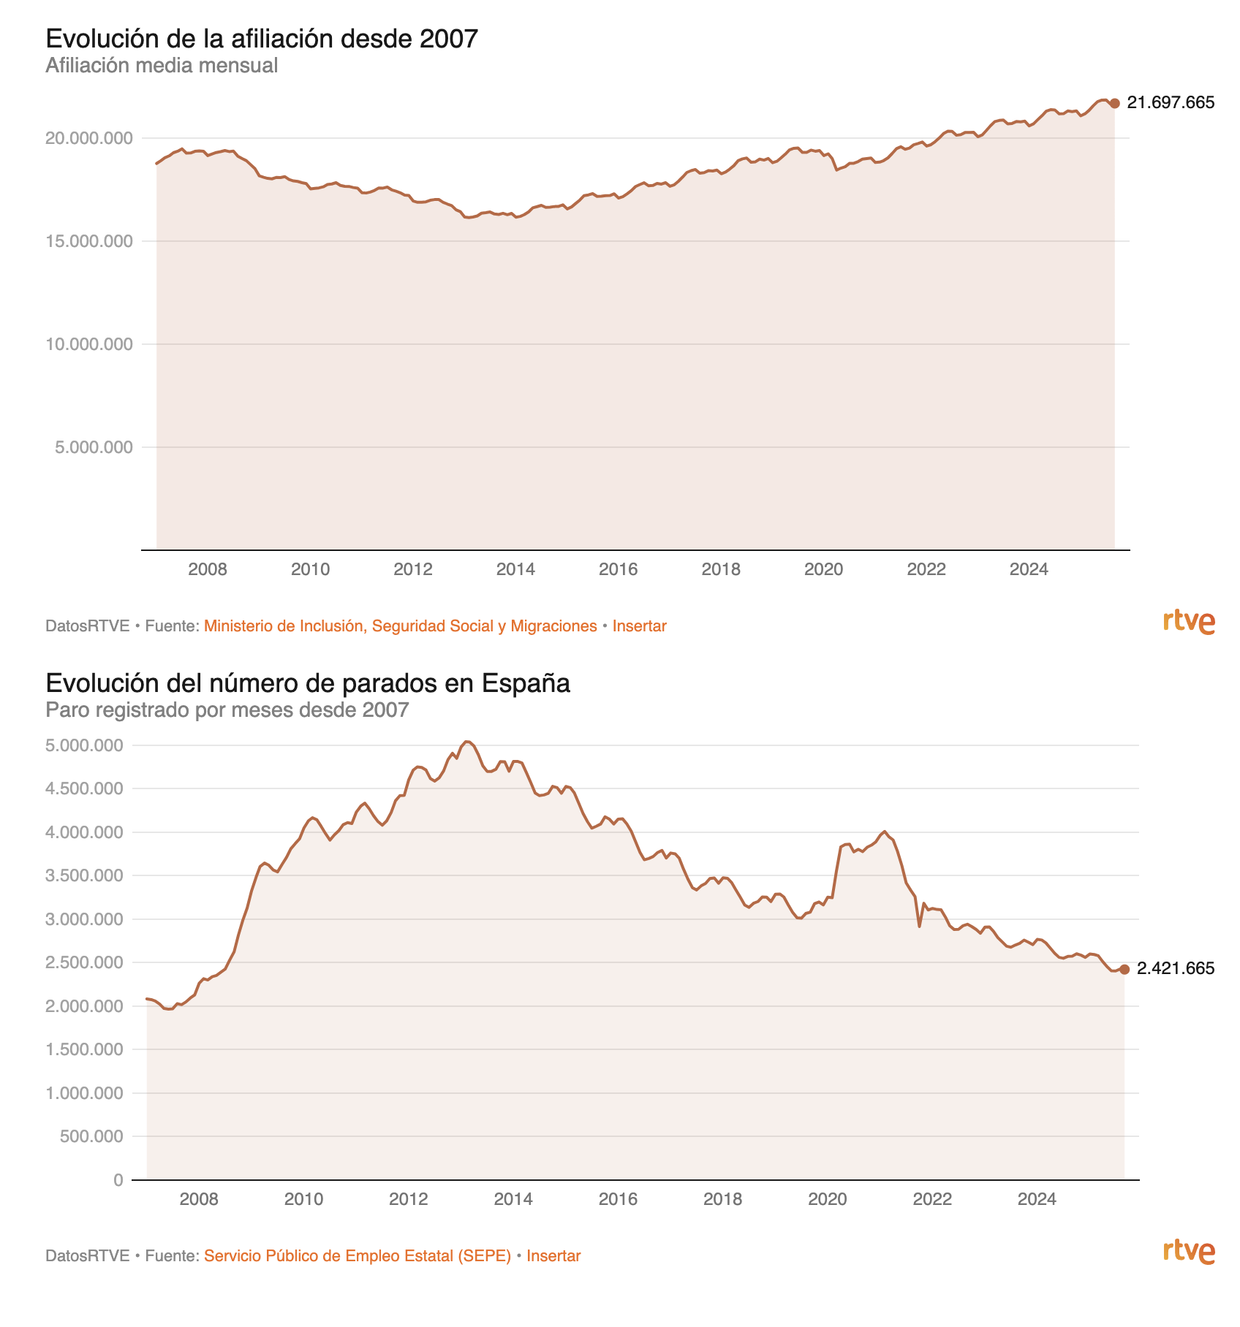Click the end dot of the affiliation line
click(1114, 104)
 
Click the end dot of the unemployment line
click(1124, 970)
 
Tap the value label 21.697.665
click(1171, 103)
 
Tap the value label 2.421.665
click(1176, 969)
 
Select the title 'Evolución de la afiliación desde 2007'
click(262, 39)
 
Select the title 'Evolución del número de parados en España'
click(308, 683)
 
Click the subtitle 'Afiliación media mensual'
click(162, 66)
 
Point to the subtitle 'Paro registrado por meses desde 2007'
click(227, 710)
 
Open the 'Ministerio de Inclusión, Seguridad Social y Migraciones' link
click(401, 626)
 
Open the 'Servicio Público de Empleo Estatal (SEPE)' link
click(358, 1256)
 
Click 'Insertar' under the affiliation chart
click(640, 626)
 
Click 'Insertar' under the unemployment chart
click(553, 1256)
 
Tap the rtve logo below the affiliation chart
click(1189, 622)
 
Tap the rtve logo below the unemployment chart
click(1189, 1252)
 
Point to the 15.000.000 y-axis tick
click(90, 242)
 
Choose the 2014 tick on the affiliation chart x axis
click(516, 569)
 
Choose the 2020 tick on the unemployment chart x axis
click(828, 1199)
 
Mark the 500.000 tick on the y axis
click(93, 1136)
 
